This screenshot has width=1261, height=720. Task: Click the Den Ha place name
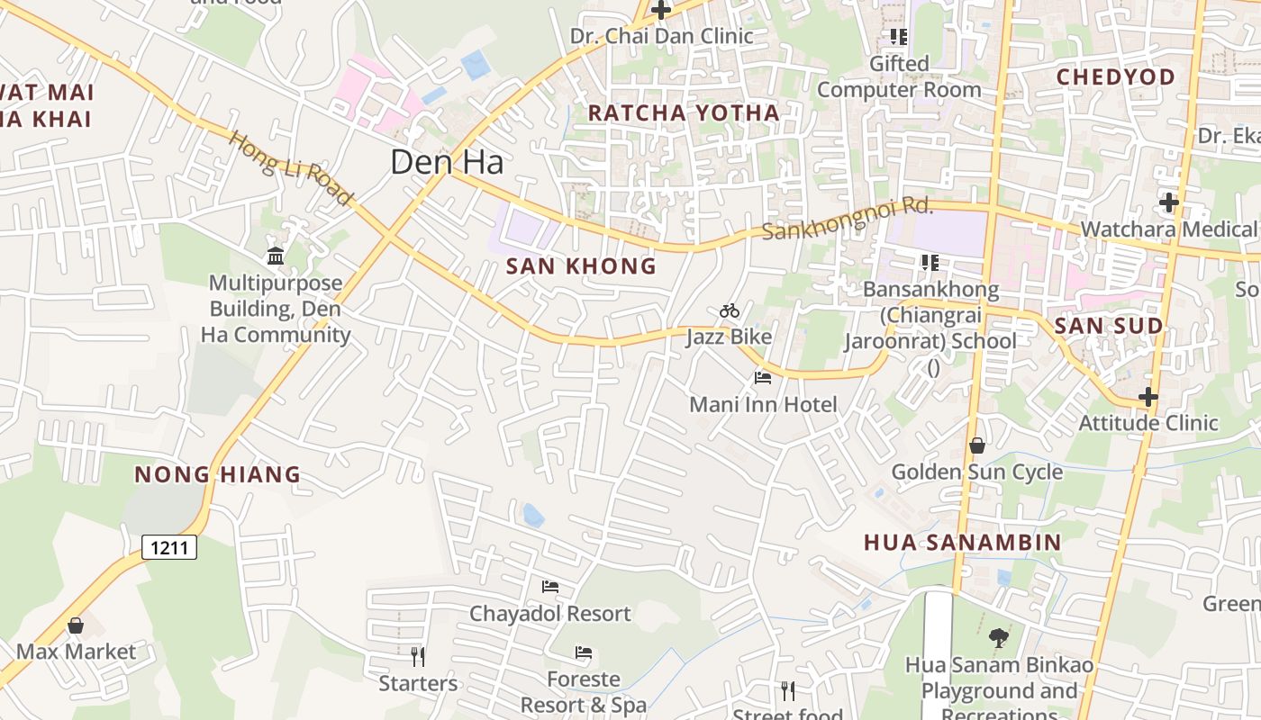447,161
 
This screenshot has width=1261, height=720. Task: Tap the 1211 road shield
169,546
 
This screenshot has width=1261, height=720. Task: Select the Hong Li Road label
290,168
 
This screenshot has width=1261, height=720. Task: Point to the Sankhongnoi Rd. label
847,219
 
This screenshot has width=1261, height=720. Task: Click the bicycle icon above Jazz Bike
730,311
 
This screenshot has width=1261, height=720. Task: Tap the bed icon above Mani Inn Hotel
763,378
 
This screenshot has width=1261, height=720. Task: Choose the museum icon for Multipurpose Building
276,256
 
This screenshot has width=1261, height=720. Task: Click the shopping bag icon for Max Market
76,625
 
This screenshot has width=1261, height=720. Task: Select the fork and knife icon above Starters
417,656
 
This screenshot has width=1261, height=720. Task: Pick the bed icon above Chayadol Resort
550,587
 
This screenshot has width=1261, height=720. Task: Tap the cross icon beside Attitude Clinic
1148,396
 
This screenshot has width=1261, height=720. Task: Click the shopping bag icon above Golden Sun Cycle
976,445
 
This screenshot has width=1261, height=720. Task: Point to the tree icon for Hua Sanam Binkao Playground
998,638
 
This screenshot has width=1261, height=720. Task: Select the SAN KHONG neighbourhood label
581,266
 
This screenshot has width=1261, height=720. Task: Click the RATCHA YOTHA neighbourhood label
684,112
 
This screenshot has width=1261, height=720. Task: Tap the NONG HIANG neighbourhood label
217,474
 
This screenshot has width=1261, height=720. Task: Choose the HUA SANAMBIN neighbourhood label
962,542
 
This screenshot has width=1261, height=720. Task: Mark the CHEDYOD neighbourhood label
1115,77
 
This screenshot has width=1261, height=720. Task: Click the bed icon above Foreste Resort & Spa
584,652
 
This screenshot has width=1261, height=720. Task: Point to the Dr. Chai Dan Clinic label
661,36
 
